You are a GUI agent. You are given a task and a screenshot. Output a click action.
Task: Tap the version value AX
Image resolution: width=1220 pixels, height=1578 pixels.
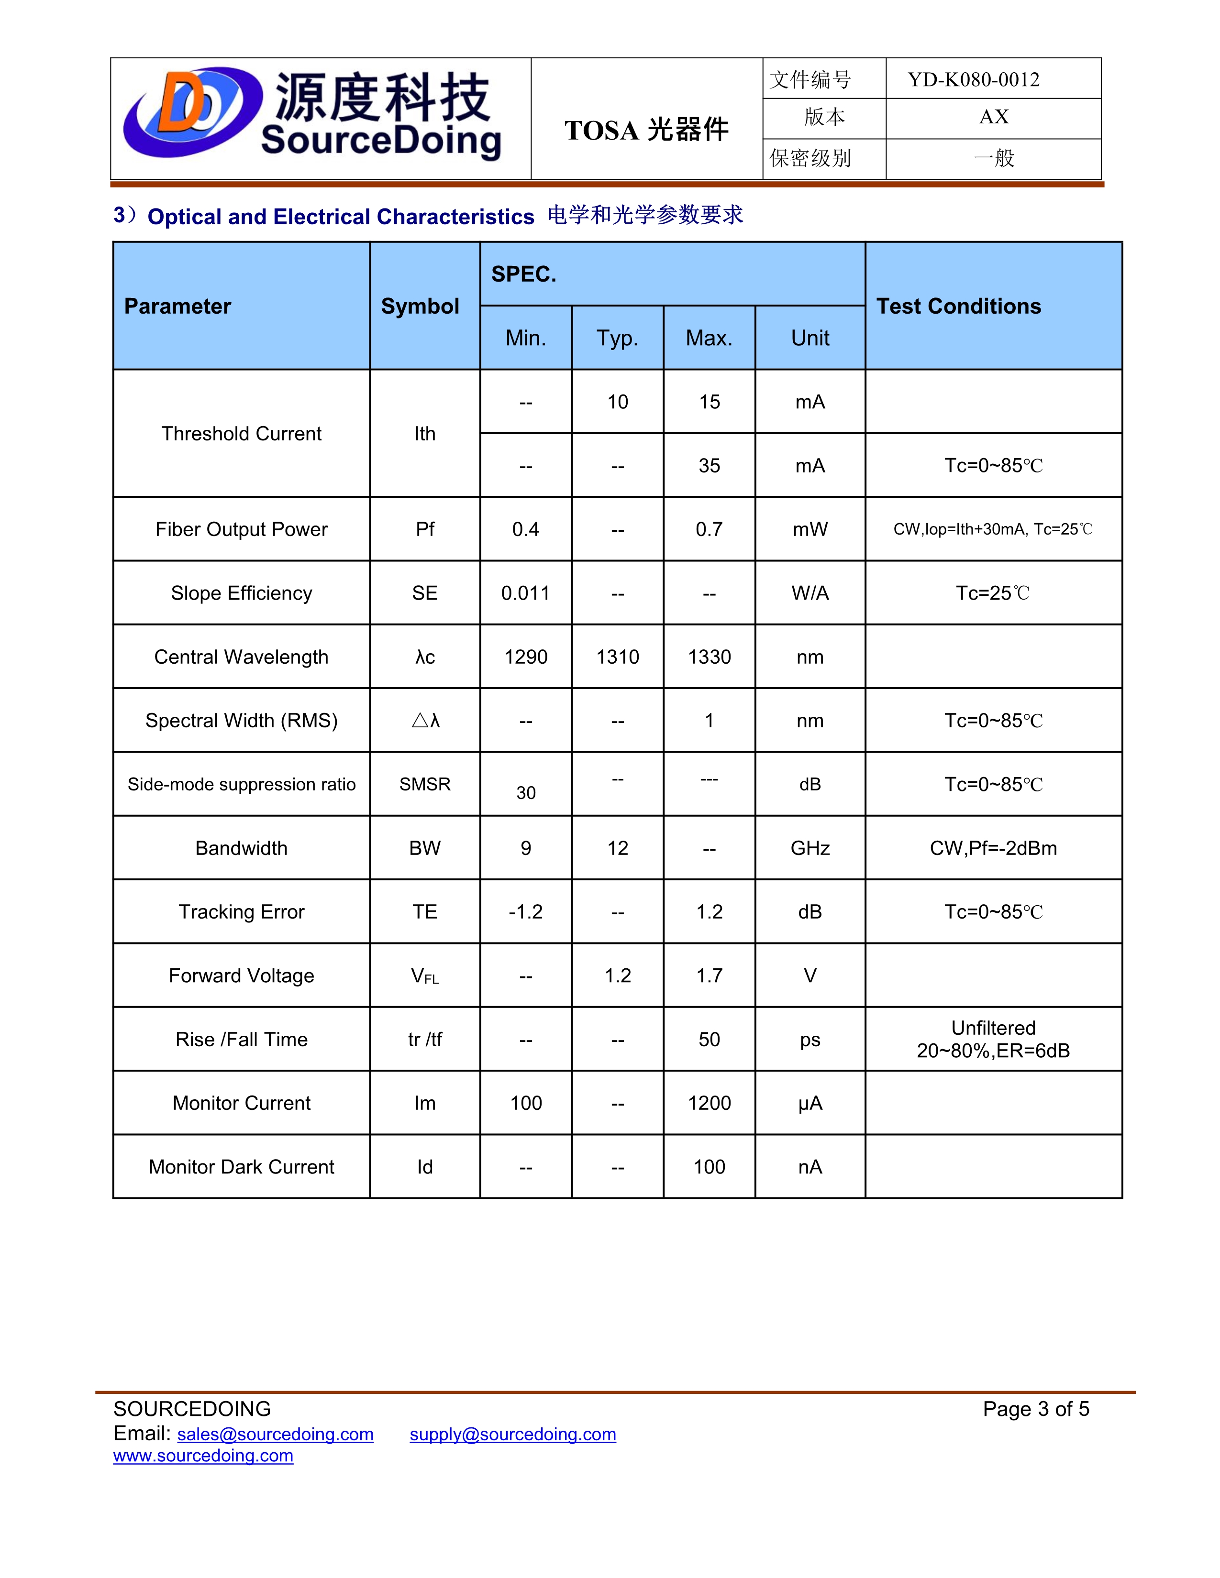coord(993,117)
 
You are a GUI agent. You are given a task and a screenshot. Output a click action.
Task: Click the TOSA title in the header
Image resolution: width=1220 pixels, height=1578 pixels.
coord(646,130)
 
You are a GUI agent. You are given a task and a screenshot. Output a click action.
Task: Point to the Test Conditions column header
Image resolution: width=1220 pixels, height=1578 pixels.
coord(958,307)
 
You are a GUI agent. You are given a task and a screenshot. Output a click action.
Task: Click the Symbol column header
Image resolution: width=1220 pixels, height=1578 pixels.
coord(420,307)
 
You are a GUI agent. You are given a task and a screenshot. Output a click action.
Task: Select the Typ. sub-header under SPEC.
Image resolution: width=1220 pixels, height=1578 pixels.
coord(617,338)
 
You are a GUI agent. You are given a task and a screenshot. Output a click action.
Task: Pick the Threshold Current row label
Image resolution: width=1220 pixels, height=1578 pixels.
coord(242,434)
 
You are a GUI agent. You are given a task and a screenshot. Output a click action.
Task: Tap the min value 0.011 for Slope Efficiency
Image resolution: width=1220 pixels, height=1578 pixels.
coord(525,593)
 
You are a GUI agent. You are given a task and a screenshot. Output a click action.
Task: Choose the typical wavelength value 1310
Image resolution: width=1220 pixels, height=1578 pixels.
coord(617,657)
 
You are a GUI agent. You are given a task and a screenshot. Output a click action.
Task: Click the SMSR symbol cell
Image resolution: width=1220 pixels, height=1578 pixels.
coord(425,784)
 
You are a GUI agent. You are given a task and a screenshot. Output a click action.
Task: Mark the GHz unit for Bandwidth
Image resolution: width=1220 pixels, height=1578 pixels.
coord(810,848)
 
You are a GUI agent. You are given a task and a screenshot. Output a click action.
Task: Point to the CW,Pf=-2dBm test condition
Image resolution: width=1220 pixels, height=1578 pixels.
coord(993,848)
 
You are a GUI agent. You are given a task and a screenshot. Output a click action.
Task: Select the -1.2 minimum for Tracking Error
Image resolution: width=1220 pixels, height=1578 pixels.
coord(525,912)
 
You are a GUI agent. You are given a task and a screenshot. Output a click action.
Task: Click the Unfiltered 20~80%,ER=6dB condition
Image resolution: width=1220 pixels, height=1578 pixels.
coord(993,1039)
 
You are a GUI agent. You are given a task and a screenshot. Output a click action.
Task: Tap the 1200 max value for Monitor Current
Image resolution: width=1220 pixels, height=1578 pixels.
coord(709,1103)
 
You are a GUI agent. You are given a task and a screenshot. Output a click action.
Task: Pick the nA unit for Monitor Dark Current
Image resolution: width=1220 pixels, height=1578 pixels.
coord(810,1167)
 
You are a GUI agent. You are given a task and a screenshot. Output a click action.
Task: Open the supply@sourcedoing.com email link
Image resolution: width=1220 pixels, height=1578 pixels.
coord(512,1434)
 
